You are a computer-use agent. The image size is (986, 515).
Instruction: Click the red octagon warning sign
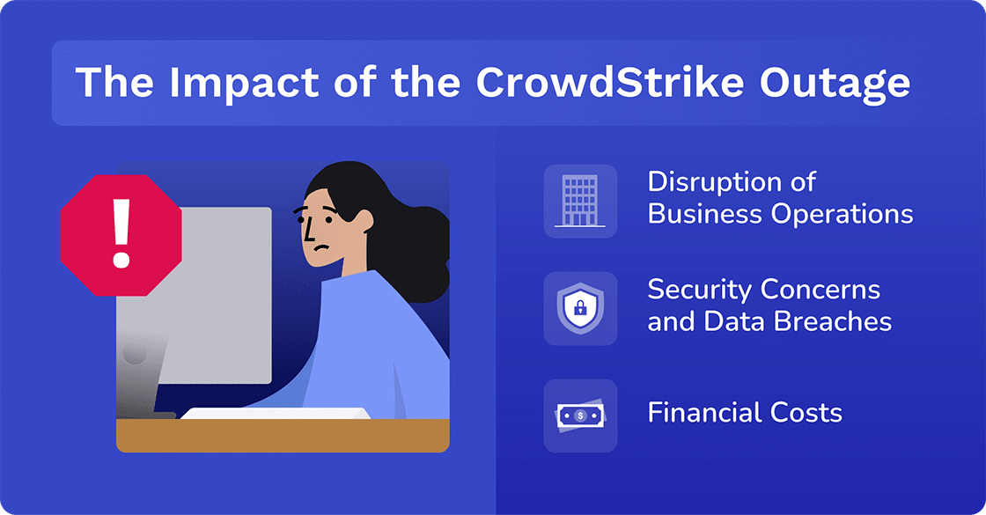tap(121, 234)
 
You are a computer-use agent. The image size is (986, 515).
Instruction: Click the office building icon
tap(580, 201)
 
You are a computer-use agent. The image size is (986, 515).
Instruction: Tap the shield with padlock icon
tap(580, 308)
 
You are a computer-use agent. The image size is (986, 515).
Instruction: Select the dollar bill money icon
tap(580, 416)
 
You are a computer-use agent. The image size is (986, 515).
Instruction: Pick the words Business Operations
tap(780, 214)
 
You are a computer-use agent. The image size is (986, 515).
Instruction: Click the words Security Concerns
tap(763, 290)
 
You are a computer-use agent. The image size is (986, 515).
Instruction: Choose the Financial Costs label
tap(745, 412)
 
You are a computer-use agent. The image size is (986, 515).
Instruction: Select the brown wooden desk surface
tap(282, 435)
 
